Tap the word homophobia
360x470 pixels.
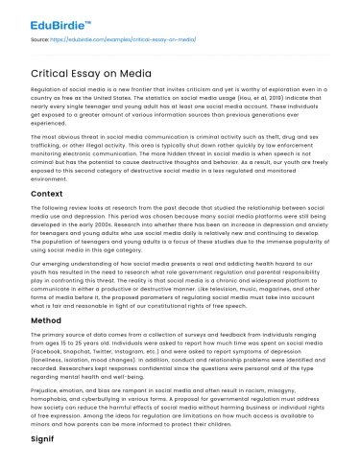coord(41,407)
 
